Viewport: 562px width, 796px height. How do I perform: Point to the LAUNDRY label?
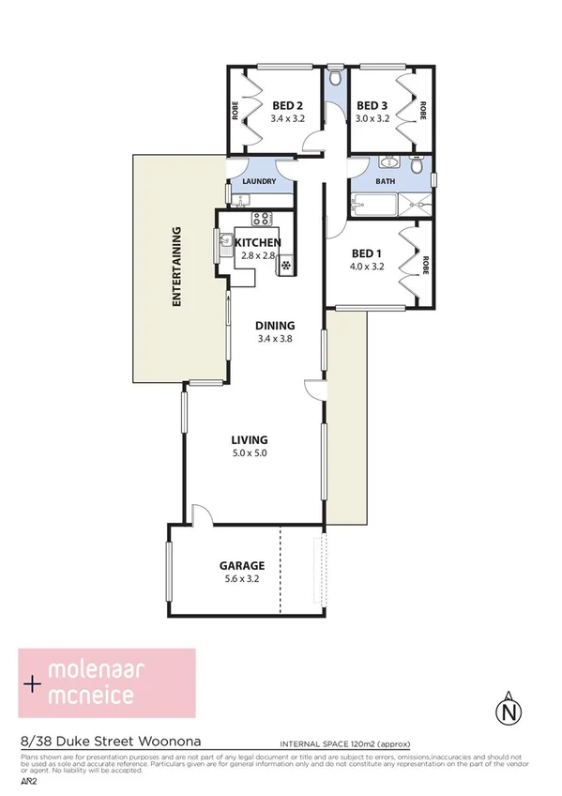click(x=258, y=182)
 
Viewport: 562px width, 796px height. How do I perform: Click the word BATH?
click(x=385, y=181)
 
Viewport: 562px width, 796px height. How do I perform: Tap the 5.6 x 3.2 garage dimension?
click(x=241, y=579)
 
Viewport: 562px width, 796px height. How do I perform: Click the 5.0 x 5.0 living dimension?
click(x=251, y=453)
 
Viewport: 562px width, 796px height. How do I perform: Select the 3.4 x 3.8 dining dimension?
click(x=276, y=339)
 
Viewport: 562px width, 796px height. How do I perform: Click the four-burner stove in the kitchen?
click(x=262, y=220)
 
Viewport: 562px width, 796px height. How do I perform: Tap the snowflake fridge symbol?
click(x=283, y=267)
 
